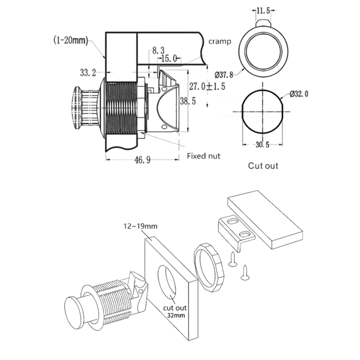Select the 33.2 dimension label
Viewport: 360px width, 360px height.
(88, 73)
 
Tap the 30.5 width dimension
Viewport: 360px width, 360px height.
(262, 145)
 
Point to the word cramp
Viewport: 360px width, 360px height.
(220, 41)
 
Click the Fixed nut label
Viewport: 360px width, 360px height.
(203, 156)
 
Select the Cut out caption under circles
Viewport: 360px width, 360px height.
(262, 166)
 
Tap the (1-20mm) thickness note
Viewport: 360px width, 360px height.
(70, 40)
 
